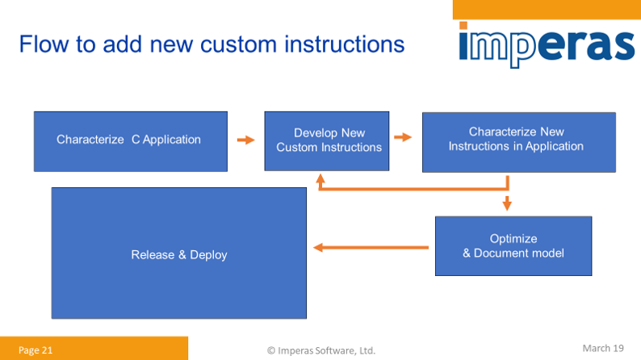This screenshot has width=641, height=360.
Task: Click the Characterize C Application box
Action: coord(129,140)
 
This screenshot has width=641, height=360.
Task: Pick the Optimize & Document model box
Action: coord(513,246)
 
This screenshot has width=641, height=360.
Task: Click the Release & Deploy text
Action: coord(179,255)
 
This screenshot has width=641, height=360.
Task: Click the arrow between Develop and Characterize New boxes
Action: coord(403,138)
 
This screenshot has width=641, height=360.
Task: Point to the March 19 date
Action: coord(603,348)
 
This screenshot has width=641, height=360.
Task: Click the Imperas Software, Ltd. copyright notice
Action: coord(321,350)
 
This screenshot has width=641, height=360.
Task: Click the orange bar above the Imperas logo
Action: coord(547,9)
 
